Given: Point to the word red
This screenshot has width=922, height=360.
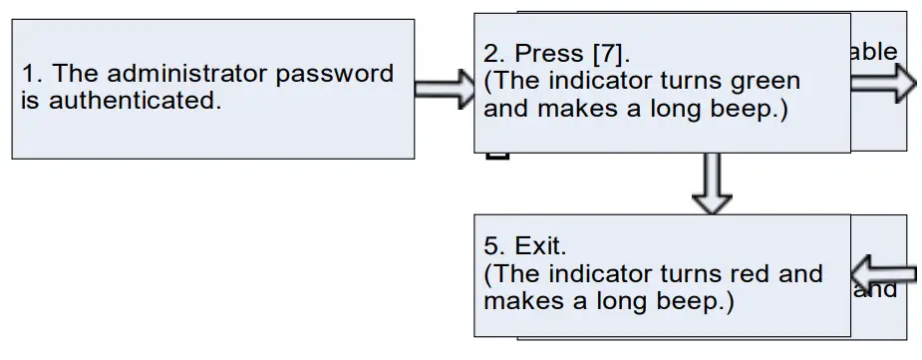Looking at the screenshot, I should point(758,273).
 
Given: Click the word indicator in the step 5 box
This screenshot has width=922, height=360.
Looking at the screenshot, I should point(597,273).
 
